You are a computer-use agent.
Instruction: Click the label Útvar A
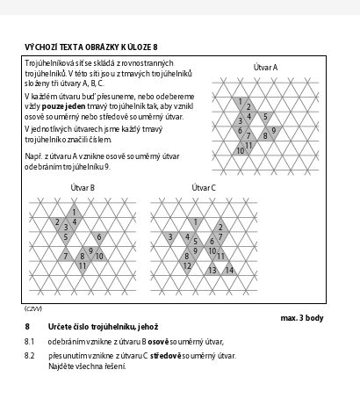pos(265,68)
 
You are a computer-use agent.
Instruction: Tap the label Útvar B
pos(83,187)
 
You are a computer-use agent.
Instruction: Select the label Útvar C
pos(204,187)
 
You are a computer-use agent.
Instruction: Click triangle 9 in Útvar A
pos(274,131)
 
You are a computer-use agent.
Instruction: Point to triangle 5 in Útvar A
pos(265,117)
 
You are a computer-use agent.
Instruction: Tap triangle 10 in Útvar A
pos(241,150)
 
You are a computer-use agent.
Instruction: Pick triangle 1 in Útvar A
pos(241,102)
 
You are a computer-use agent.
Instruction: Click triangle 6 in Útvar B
pos(99,236)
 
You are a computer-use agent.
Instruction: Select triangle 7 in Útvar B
pos(66,256)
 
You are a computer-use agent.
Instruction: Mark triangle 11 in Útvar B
pos(83,266)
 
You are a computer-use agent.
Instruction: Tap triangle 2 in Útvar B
pos(57,222)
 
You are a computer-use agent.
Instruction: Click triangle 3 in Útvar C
pos(170,236)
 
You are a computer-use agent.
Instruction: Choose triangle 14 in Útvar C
pos(229,271)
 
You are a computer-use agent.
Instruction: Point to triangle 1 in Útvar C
pos(196,222)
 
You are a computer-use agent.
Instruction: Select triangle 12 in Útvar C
pos(187,266)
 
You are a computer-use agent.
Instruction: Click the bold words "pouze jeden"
pos(63,106)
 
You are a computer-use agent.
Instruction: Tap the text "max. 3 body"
pos(302,318)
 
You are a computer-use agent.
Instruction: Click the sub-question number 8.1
pos(29,342)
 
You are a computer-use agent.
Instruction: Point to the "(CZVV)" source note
pos(33,308)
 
